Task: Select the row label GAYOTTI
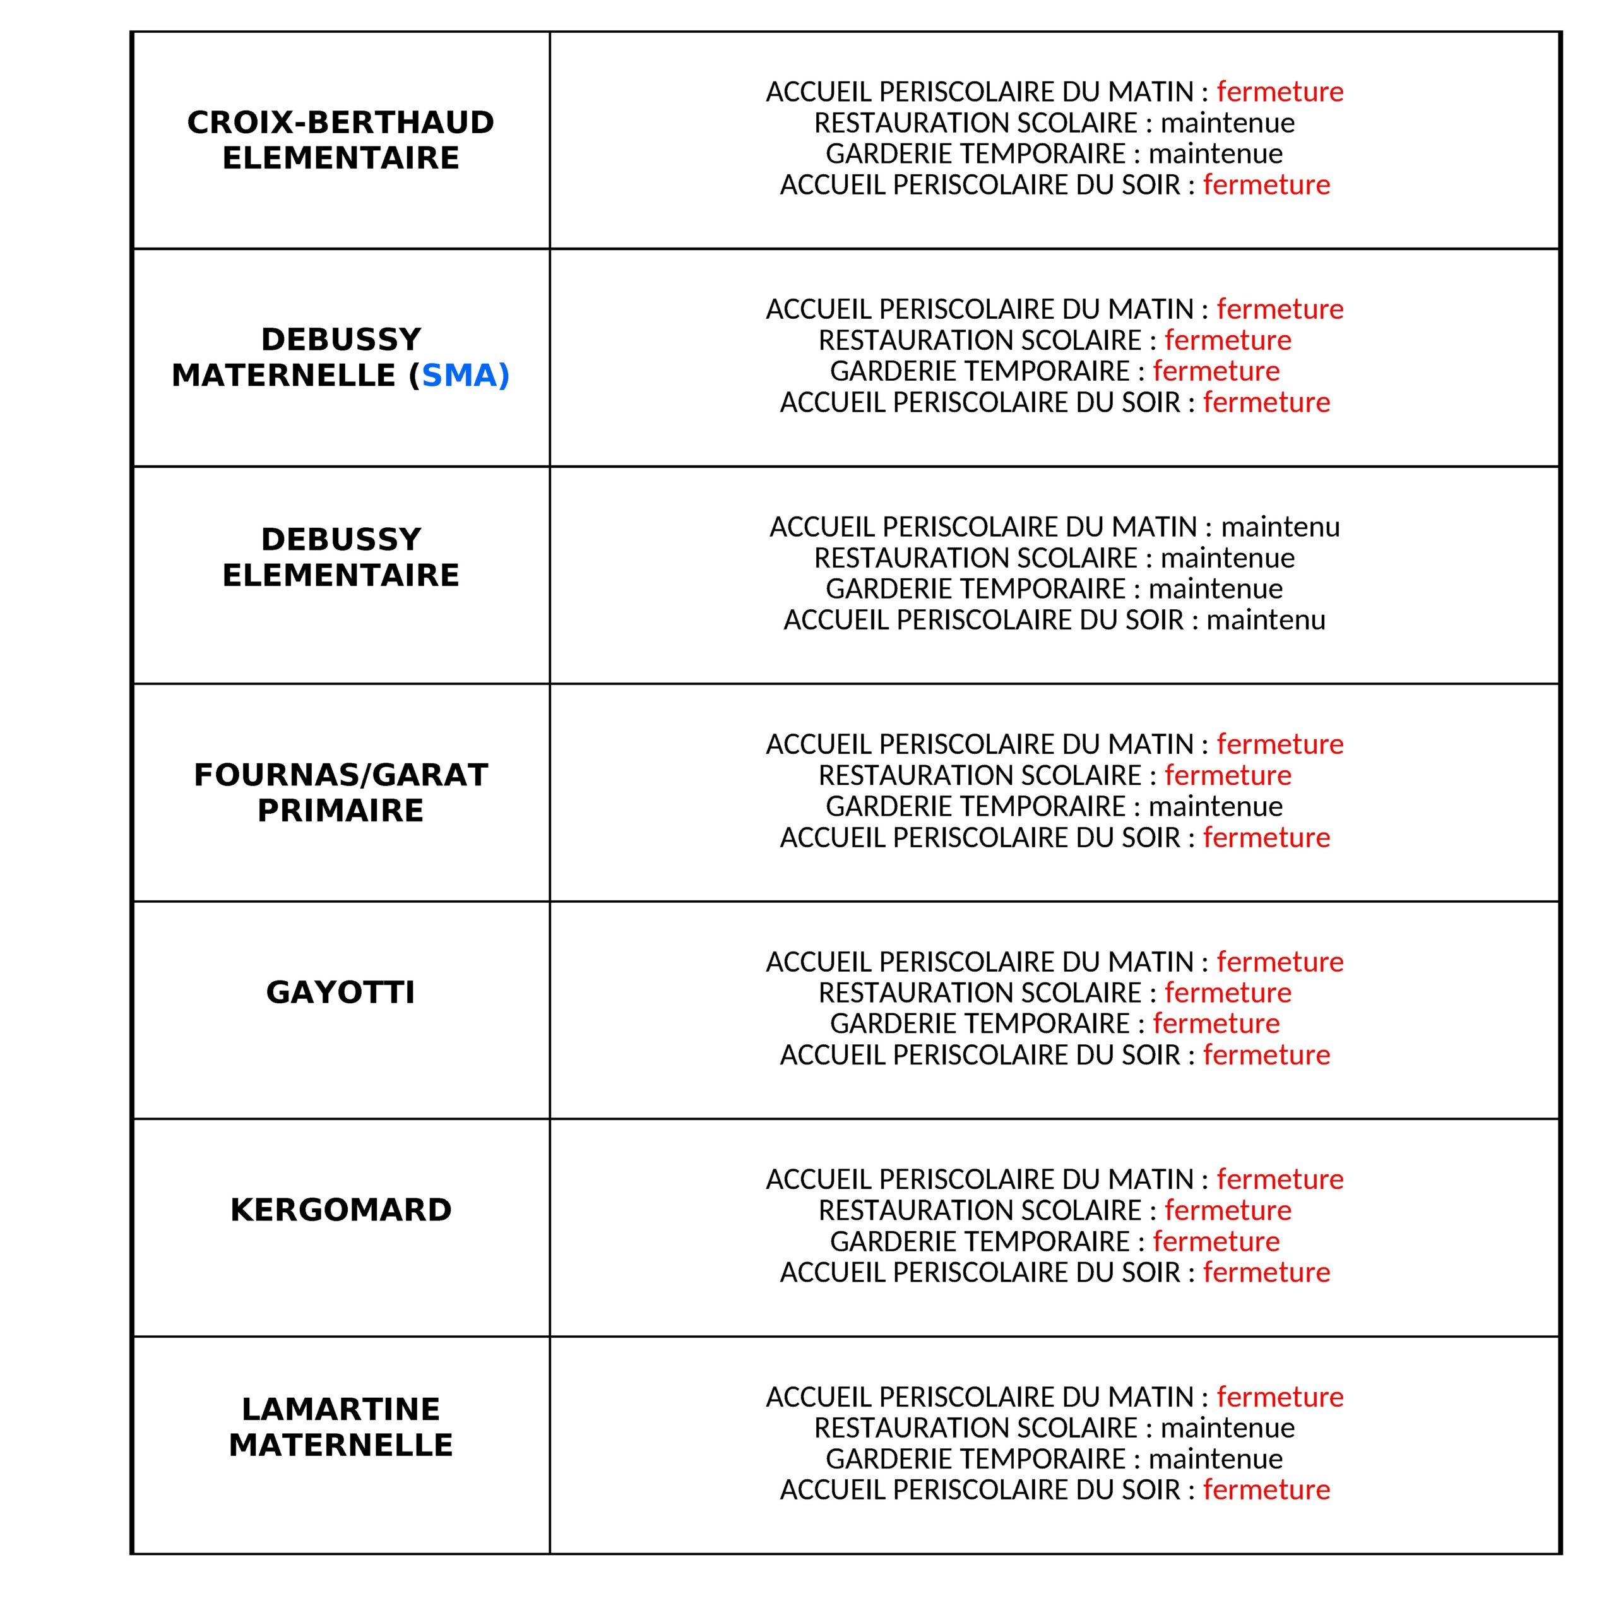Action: coord(340,992)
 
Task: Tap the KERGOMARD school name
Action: coord(340,1210)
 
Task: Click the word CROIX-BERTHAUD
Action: coord(340,122)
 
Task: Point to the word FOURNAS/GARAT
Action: coord(340,775)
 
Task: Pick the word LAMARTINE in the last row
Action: coord(340,1409)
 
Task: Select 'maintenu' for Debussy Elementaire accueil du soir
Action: coord(1266,620)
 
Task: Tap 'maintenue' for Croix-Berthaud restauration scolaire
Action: coord(1227,123)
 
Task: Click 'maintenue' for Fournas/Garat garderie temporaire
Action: coord(1215,806)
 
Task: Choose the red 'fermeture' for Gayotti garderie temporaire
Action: coord(1215,1023)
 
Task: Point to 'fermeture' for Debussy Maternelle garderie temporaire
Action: coord(1215,371)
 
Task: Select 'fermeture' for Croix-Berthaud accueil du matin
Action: coord(1280,91)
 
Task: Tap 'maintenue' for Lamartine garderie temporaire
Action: coord(1215,1458)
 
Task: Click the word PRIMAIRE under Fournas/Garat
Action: coord(340,811)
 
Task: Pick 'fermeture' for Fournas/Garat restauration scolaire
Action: coord(1227,775)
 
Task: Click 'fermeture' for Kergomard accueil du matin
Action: coord(1280,1179)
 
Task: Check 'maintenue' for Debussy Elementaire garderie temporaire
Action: coord(1215,589)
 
